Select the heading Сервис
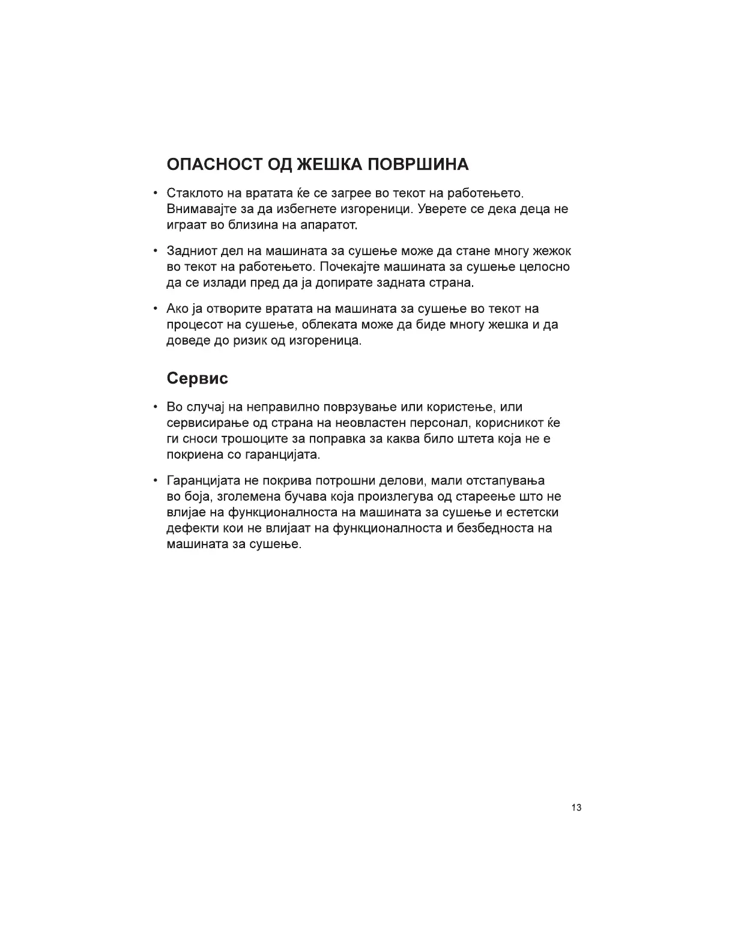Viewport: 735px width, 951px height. pyautogui.click(x=197, y=379)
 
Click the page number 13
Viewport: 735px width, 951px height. pyautogui.click(x=576, y=808)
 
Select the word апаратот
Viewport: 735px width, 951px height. pyautogui.click(x=328, y=225)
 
